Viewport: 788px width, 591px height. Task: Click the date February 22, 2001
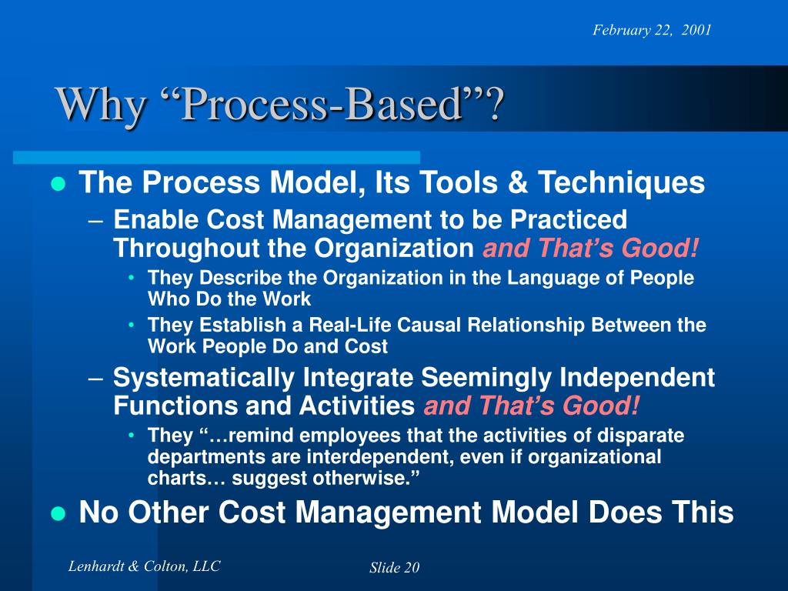(652, 30)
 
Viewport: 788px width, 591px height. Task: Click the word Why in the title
(101, 105)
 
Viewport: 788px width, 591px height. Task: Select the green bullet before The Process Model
(58, 184)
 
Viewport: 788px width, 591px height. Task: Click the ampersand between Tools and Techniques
(518, 182)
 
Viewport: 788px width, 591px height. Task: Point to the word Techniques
(621, 182)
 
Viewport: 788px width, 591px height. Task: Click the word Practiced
(569, 219)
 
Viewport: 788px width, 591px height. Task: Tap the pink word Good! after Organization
(659, 249)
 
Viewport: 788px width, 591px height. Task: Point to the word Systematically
(204, 378)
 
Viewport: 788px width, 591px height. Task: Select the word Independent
(636, 378)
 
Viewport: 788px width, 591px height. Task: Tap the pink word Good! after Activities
(600, 406)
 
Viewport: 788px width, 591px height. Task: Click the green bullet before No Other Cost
(58, 514)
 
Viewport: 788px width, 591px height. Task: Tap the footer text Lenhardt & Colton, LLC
(144, 566)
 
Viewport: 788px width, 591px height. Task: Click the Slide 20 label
(395, 568)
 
